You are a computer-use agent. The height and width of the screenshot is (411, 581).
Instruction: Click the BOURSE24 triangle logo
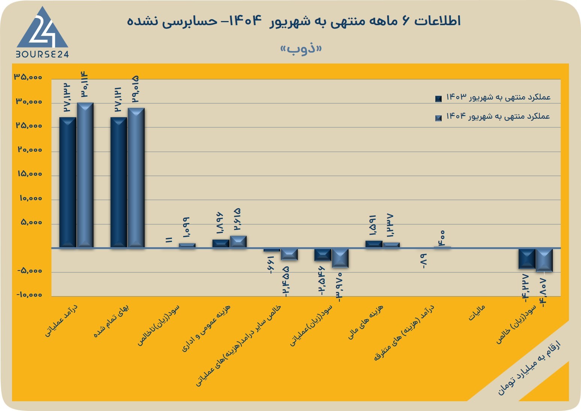pos(42,32)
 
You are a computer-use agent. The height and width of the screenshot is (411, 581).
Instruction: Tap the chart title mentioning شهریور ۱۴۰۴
pos(294,21)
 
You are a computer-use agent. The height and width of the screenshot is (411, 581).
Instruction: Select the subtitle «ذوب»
pos(301,49)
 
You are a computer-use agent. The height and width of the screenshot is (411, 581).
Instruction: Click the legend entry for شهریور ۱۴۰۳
pos(493,97)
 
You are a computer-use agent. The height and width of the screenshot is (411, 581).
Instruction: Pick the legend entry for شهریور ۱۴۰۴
pos(493,117)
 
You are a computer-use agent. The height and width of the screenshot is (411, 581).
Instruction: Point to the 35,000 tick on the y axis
pos(28,77)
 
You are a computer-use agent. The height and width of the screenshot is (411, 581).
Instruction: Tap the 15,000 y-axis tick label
pos(30,174)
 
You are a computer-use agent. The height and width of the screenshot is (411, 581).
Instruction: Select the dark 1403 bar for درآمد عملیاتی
pos(68,183)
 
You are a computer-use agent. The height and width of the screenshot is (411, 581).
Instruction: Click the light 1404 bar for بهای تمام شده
pos(136,178)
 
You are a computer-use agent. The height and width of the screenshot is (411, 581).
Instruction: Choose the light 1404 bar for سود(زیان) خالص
pos(544,260)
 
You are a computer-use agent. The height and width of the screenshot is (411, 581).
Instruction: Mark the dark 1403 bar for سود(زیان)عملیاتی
pos(323,255)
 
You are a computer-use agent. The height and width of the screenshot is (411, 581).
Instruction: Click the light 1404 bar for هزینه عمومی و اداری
pos(238,242)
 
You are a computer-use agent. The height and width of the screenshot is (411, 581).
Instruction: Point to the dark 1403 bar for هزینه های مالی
pos(374,244)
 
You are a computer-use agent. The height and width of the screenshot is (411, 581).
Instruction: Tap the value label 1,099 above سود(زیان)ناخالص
pos(187,227)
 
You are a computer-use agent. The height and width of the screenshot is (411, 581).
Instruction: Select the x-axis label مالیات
pos(477,313)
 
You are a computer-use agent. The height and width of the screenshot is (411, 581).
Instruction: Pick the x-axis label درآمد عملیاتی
pos(61,321)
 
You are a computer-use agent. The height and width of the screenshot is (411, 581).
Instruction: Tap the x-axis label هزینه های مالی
pos(365,322)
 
